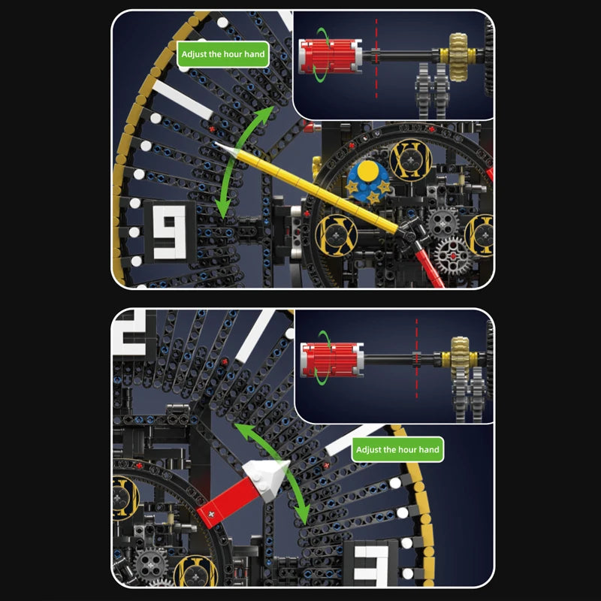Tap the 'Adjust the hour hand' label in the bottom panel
[397, 449]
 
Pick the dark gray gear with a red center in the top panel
[453, 257]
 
